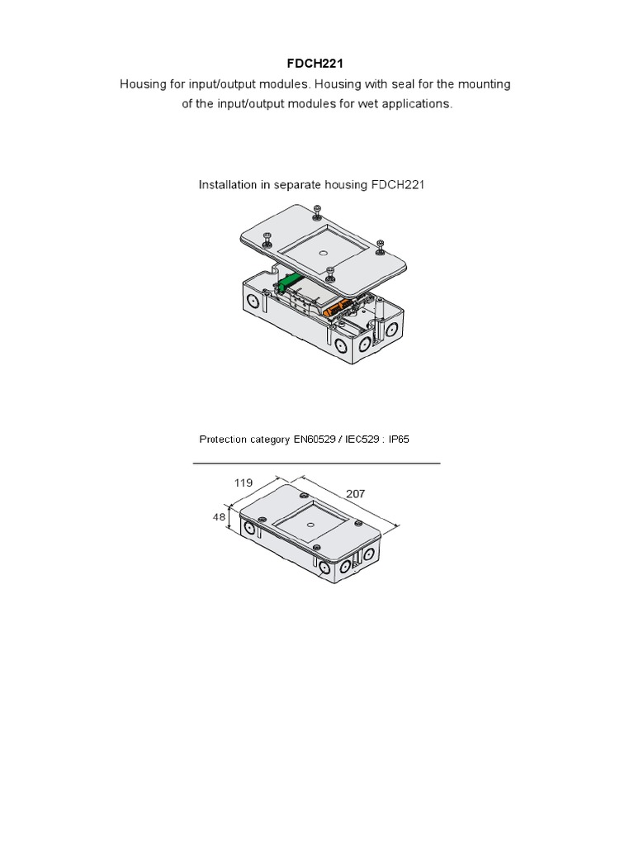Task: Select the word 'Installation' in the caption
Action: pyautogui.click(x=228, y=185)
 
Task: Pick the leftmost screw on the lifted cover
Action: pyautogui.click(x=267, y=239)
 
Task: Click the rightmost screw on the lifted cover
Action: pyautogui.click(x=380, y=245)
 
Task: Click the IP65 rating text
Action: pyautogui.click(x=398, y=439)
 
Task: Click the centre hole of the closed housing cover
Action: pyautogui.click(x=311, y=522)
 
